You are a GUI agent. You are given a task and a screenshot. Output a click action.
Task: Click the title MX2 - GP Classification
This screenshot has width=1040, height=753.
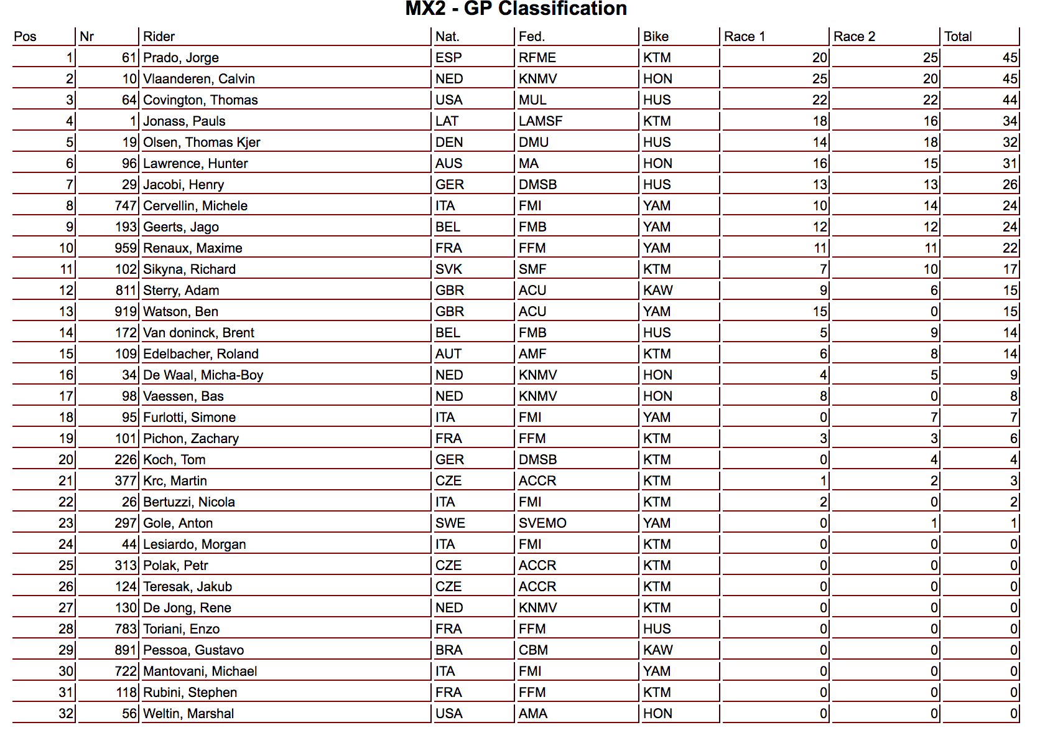click(516, 9)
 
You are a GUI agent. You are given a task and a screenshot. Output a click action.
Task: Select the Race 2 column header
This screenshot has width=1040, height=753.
click(854, 37)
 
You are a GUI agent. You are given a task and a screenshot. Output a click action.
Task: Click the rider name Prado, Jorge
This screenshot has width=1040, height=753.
click(180, 58)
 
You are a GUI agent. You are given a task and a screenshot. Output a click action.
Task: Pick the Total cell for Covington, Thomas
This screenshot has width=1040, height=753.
click(1010, 100)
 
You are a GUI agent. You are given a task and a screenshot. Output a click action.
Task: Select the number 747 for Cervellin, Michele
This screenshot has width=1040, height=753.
click(125, 206)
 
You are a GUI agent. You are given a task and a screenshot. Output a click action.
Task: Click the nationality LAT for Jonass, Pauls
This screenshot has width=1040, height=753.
click(447, 121)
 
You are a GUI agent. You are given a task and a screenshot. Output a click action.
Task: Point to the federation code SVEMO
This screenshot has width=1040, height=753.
click(542, 523)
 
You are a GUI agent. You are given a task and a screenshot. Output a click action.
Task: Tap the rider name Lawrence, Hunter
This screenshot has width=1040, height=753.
click(195, 164)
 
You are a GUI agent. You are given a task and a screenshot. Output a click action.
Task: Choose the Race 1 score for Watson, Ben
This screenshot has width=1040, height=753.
click(820, 312)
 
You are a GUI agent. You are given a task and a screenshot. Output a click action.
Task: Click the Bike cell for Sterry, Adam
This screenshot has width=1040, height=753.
click(657, 291)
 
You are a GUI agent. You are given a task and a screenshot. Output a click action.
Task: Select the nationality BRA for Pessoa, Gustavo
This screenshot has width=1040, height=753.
click(448, 650)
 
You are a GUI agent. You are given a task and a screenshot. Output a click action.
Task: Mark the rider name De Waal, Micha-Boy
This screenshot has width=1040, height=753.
click(203, 375)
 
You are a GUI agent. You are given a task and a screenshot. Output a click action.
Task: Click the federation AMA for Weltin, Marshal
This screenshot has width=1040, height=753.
click(532, 714)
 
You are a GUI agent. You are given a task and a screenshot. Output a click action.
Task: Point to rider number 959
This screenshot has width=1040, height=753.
click(125, 248)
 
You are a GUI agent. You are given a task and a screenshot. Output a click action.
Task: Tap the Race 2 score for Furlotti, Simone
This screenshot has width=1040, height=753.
click(934, 418)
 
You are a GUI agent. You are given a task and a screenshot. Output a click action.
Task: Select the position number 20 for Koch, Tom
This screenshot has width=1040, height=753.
click(66, 460)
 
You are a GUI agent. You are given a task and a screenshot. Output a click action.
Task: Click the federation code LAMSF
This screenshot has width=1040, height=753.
click(540, 121)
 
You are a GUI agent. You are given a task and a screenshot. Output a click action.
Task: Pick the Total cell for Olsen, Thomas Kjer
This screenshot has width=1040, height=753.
click(1010, 143)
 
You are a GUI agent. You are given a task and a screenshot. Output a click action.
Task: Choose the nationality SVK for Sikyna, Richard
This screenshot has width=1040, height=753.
click(448, 269)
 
